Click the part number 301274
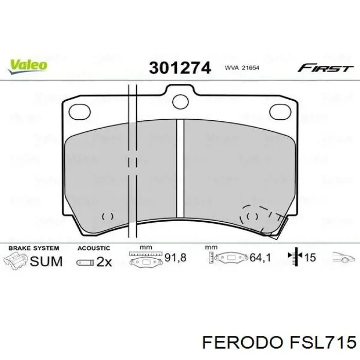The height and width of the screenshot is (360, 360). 179,68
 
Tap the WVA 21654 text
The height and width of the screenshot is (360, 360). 242,68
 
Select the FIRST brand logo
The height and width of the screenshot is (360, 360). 326,68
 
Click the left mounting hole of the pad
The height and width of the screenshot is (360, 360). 79,110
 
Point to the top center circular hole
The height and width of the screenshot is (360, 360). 179,100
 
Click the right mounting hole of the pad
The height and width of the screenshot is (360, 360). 280,110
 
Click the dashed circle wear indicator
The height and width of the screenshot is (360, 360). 253,217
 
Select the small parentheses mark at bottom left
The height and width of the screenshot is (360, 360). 108,217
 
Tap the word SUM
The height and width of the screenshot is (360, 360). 46,261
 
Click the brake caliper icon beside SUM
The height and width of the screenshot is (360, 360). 15,261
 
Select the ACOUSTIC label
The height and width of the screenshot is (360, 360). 94,248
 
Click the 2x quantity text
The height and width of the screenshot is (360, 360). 104,262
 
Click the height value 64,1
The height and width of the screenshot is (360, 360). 260,257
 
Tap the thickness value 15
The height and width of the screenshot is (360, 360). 310,258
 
